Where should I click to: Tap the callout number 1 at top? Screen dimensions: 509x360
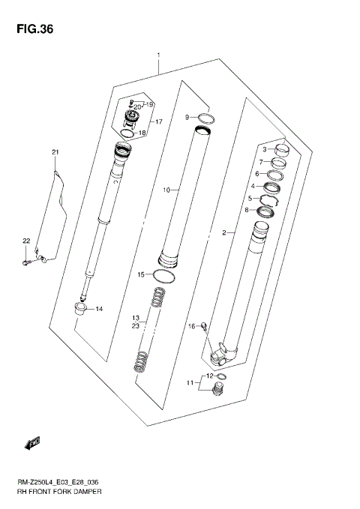[x=158, y=55]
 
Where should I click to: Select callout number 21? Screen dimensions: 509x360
[x=55, y=153]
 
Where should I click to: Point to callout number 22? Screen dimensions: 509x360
[x=25, y=241]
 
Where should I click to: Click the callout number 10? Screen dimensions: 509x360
[x=167, y=190]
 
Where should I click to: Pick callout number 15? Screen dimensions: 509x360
[x=140, y=274]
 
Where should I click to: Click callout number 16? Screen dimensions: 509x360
[x=192, y=326]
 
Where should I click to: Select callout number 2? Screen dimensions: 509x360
[x=223, y=233]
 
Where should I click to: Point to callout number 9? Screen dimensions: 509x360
[x=188, y=117]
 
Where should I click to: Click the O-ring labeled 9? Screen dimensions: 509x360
[x=207, y=118]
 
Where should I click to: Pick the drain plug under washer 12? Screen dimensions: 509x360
[x=219, y=390]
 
